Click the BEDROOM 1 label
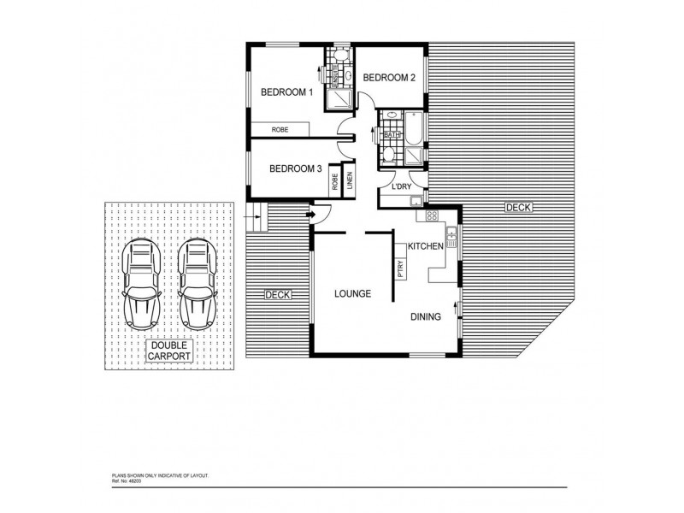click(x=287, y=91)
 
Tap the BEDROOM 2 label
click(x=389, y=78)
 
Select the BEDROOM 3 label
click(x=295, y=168)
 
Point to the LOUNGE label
click(x=351, y=293)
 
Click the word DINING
click(x=425, y=316)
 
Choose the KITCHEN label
click(x=424, y=246)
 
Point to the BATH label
click(x=392, y=135)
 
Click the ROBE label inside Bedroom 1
click(x=280, y=129)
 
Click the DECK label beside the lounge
click(x=278, y=294)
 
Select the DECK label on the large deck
click(x=517, y=207)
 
